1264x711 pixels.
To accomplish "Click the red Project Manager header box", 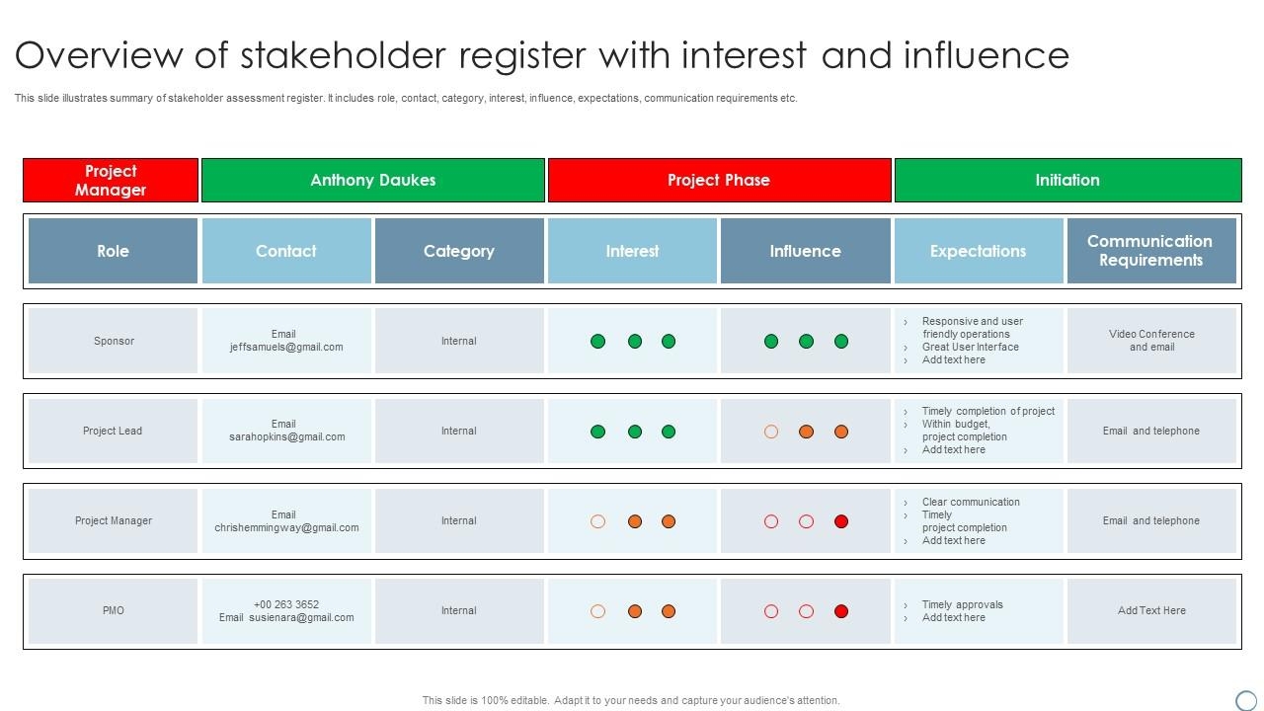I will (111, 180).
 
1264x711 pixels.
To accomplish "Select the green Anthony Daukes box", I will (372, 180).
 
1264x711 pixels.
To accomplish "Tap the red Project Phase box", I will (719, 180).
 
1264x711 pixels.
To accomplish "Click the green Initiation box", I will (1067, 180).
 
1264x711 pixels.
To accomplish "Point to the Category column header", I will (459, 251).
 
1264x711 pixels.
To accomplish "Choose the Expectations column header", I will (978, 251).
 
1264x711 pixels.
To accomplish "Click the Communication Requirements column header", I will (1150, 251).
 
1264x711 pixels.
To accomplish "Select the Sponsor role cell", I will (114, 341).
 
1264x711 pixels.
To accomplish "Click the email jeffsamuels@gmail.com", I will (286, 348).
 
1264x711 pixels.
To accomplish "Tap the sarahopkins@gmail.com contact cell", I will (287, 436).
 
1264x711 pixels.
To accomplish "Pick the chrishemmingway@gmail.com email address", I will (286, 527).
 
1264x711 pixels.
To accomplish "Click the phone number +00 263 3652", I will (286, 604).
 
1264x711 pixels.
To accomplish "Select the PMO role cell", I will (114, 610).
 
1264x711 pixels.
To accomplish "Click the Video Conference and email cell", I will (1151, 341).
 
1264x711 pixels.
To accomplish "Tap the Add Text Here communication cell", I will (1151, 610).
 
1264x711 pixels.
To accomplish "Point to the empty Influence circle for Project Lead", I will (771, 432).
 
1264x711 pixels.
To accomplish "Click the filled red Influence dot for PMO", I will (841, 611).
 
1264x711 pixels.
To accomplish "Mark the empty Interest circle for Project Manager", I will (597, 521).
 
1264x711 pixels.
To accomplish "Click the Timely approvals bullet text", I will (962, 604).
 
